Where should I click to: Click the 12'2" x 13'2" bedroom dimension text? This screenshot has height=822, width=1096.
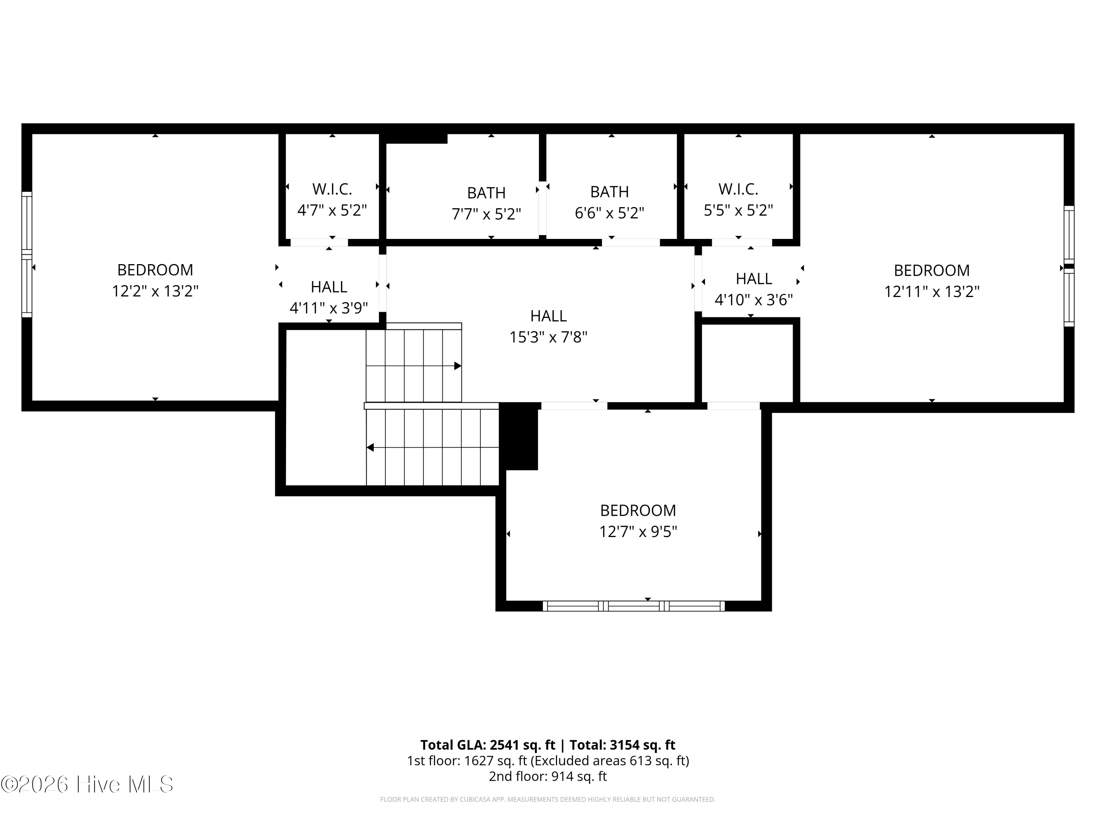click(155, 291)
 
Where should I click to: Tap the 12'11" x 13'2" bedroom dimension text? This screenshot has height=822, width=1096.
click(932, 291)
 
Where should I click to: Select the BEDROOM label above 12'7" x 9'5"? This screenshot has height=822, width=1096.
click(638, 510)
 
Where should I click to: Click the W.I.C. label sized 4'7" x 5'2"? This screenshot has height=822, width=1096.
click(332, 189)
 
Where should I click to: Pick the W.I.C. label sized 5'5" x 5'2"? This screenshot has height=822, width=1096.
click(738, 189)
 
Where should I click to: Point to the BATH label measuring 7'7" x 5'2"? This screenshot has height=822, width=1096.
click(486, 193)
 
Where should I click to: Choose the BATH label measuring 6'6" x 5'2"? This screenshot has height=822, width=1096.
click(609, 192)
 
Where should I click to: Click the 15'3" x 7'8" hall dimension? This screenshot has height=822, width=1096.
click(548, 338)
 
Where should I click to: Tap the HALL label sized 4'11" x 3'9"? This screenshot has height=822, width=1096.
click(328, 287)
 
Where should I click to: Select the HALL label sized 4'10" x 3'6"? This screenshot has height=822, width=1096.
click(754, 279)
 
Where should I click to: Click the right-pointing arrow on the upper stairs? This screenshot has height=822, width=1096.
click(457, 366)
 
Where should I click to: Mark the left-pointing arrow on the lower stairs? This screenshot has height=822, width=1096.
click(370, 448)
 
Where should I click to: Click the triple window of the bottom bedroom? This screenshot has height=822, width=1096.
click(634, 606)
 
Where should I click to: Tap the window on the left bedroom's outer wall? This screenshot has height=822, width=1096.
click(27, 254)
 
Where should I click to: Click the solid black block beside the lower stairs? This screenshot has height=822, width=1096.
click(519, 436)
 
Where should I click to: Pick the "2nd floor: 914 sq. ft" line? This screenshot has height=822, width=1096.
click(548, 776)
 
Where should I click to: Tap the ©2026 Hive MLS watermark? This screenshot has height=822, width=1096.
click(87, 784)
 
